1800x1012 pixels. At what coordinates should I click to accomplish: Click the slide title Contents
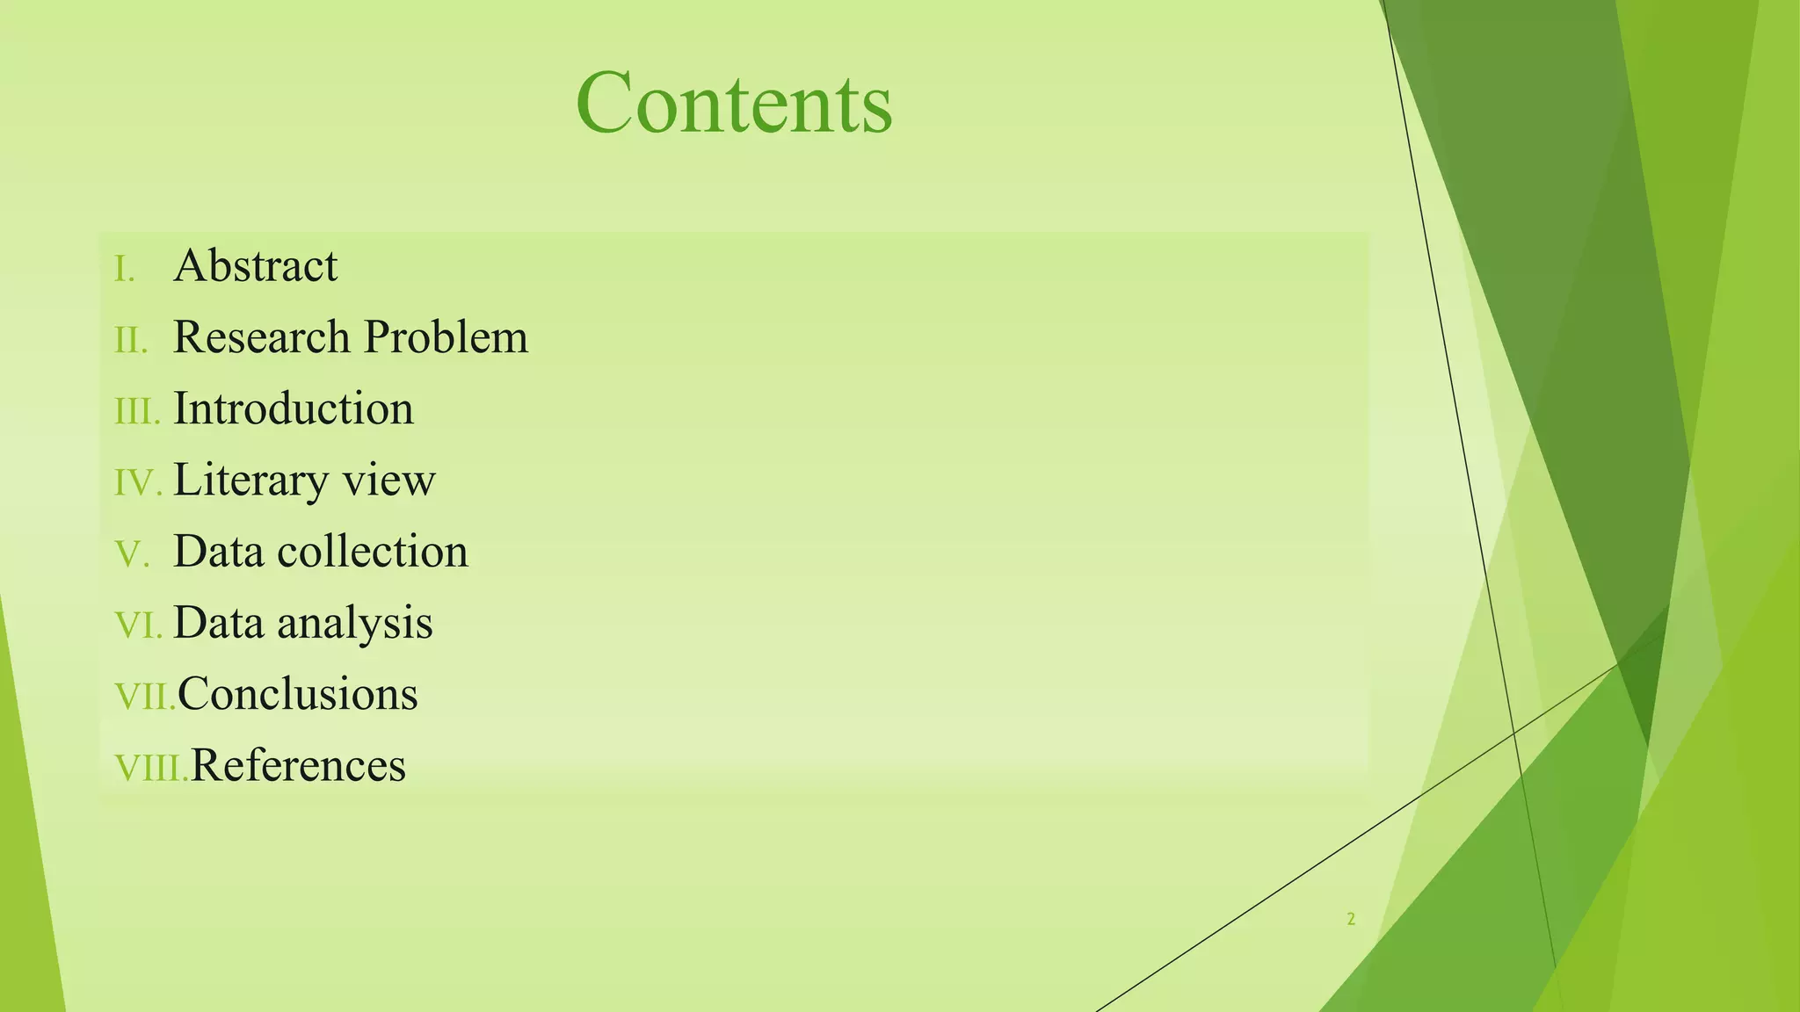pos(734,104)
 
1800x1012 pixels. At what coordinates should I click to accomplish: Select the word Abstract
pos(255,265)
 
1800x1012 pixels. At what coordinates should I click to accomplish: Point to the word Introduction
pos(294,408)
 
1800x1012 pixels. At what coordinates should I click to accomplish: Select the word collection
pos(373,552)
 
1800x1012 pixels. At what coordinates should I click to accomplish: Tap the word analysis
pos(354,623)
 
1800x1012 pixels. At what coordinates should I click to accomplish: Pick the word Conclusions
pos(298,694)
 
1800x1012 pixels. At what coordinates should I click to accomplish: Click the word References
pos(298,765)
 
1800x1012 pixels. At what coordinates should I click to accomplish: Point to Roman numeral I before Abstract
pos(125,269)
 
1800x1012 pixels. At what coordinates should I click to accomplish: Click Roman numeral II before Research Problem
pos(131,340)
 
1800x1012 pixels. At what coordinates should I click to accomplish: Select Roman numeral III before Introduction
pos(137,411)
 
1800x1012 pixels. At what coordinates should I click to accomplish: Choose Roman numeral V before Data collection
pos(132,554)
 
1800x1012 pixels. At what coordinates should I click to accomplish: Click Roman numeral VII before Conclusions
pos(145,697)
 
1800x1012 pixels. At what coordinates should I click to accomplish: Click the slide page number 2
pos(1351,920)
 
